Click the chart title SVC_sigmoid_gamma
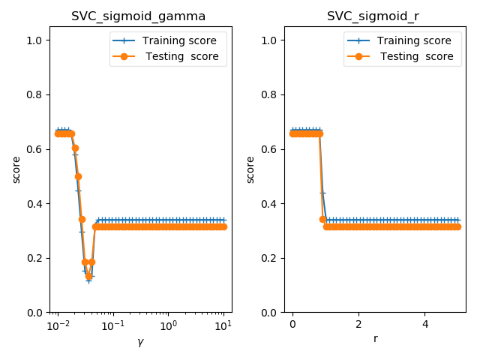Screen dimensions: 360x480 click(x=138, y=16)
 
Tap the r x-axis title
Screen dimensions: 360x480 click(x=375, y=339)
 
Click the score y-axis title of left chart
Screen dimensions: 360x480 click(x=16, y=169)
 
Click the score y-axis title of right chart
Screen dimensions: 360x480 click(x=250, y=169)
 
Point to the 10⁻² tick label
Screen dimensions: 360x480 click(x=58, y=325)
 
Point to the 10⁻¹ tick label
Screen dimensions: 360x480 click(x=112, y=325)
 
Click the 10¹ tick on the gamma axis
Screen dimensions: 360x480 click(x=223, y=325)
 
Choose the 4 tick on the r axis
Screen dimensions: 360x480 click(x=424, y=325)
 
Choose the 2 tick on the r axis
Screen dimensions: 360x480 click(x=358, y=325)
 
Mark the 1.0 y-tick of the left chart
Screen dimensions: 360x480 click(x=35, y=40)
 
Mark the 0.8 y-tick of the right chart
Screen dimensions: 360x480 click(x=270, y=94)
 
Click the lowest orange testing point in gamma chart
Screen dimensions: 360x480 click(x=88, y=277)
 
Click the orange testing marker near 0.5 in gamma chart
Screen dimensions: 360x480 click(x=78, y=176)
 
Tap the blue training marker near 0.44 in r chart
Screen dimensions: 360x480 click(x=322, y=193)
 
